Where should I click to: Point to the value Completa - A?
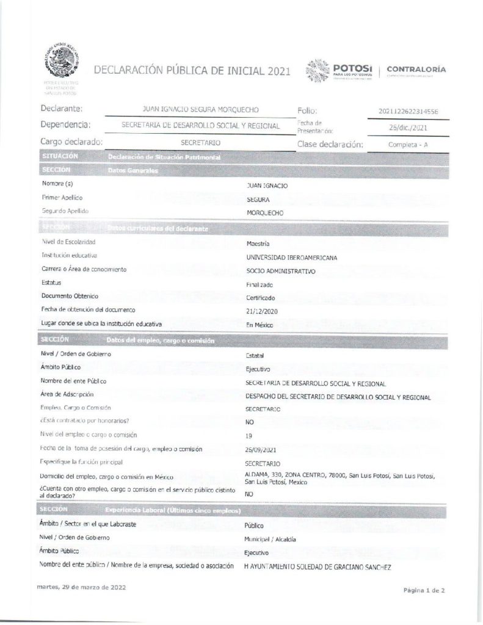tap(408, 145)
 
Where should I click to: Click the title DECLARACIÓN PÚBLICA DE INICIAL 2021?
tap(192, 71)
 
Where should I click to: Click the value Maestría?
tap(257, 243)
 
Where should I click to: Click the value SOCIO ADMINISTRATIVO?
tap(280, 270)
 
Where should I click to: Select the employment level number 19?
tap(248, 436)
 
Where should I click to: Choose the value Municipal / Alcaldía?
tap(270, 540)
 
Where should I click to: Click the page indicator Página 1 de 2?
tap(426, 591)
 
